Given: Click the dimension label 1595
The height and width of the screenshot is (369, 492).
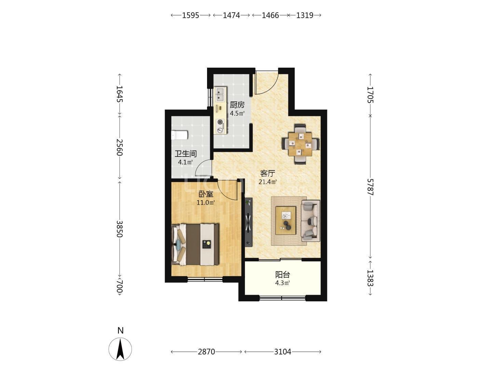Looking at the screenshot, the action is click(190, 15).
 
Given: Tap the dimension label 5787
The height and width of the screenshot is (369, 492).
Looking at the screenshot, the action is click(370, 187).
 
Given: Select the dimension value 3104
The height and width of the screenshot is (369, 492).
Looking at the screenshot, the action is click(283, 352).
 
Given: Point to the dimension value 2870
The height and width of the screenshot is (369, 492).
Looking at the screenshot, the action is click(206, 352).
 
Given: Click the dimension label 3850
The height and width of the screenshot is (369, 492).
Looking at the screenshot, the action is click(120, 229).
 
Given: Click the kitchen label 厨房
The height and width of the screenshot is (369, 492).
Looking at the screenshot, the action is click(237, 105).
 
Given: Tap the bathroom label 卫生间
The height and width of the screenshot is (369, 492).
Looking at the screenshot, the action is click(186, 154).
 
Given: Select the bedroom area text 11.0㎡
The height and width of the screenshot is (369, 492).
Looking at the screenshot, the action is click(206, 203).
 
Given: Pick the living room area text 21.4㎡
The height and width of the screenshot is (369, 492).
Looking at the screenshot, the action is click(268, 182).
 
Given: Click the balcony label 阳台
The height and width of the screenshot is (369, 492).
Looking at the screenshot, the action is click(283, 275).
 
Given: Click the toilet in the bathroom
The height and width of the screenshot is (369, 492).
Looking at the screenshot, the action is click(179, 135).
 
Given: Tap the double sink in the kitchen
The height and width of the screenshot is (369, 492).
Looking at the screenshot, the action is click(220, 94).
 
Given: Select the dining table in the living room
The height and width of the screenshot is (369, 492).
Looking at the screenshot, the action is click(300, 144).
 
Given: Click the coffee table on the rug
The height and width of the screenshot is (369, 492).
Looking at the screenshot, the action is click(286, 220).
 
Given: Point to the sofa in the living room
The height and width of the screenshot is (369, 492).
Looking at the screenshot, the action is click(311, 221).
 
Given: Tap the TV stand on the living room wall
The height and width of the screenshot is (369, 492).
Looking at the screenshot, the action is click(249, 222).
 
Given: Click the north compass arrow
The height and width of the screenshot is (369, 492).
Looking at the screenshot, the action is click(120, 349).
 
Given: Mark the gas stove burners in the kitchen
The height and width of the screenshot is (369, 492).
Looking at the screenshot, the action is click(220, 126).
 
